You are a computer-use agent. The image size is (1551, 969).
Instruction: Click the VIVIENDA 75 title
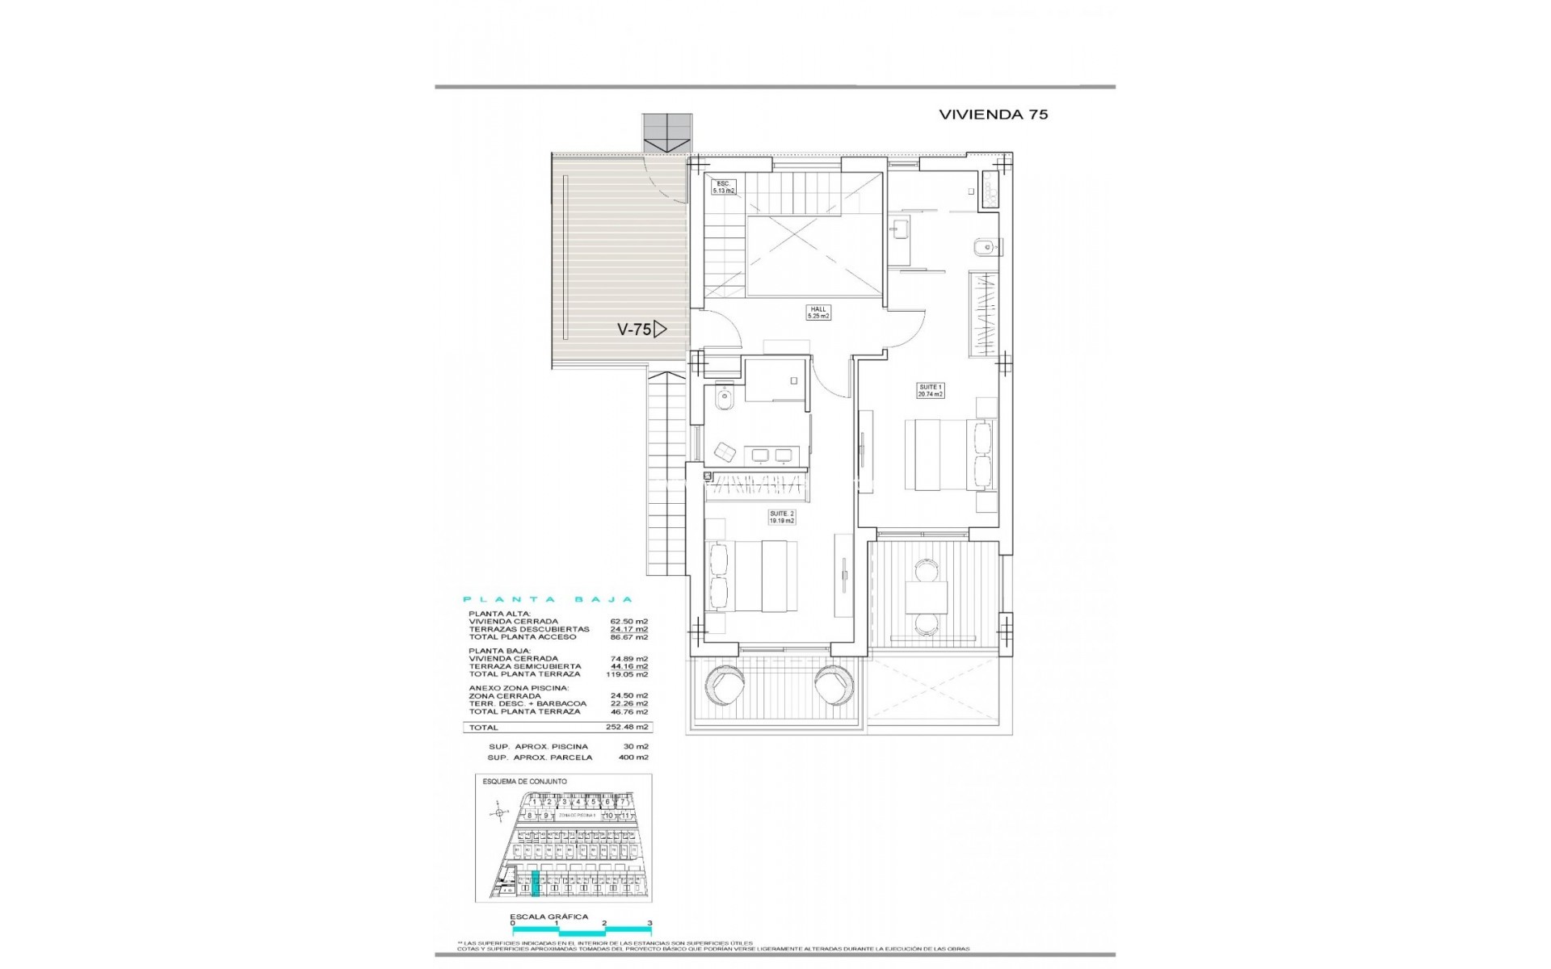click(993, 115)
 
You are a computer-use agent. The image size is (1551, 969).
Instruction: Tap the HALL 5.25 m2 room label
click(818, 313)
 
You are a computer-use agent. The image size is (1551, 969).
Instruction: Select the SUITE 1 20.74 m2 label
click(930, 391)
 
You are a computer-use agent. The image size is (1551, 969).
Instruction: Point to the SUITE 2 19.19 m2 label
click(781, 517)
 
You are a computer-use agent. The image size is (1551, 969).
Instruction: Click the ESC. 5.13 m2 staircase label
click(722, 187)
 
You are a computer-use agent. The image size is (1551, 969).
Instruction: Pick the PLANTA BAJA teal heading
click(547, 600)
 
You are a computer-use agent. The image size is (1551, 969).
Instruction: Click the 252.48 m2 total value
click(630, 728)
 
